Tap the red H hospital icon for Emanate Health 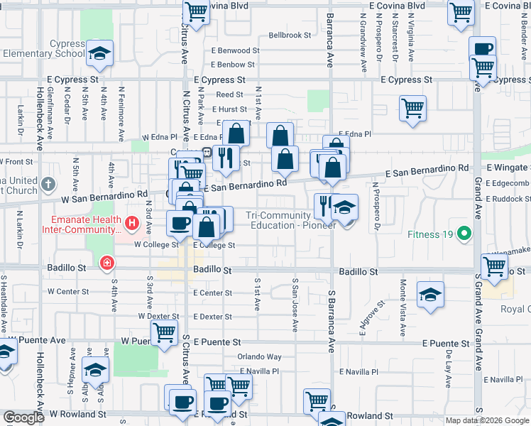tap(131, 224)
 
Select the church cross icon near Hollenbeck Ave tap(48, 184)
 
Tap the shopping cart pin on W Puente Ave tap(164, 332)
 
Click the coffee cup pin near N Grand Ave tap(483, 49)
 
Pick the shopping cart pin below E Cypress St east tap(412, 108)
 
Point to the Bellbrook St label tap(290, 35)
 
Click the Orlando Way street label tap(259, 356)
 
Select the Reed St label tap(229, 94)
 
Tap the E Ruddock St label tap(507, 199)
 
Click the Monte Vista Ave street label tap(403, 307)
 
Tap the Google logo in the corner tap(24, 417)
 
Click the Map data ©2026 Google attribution tap(487, 420)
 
